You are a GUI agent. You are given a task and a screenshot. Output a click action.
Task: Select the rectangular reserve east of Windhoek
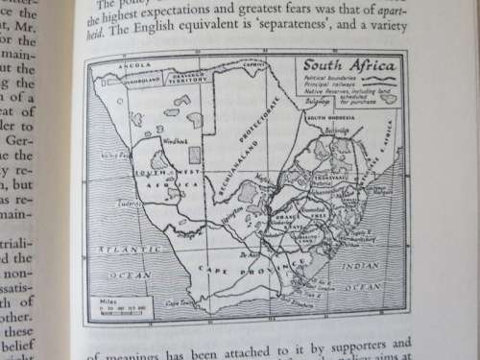pyautogui.click(x=196, y=154)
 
